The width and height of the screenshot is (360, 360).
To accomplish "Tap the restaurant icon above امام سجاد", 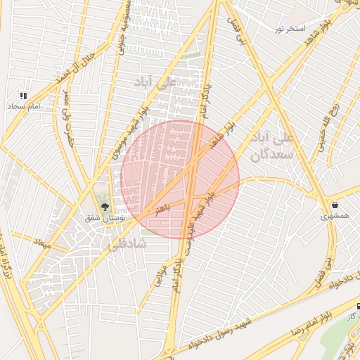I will (23, 95).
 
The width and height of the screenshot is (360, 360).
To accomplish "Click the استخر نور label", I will (290, 29).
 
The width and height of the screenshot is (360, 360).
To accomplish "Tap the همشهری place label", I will (334, 216).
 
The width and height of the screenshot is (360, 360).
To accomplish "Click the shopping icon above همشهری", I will (334, 205).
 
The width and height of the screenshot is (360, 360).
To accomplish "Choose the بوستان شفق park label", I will (108, 219).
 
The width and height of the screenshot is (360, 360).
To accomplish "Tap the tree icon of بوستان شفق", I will (105, 207).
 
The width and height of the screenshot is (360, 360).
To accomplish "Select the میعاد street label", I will (43, 243).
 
